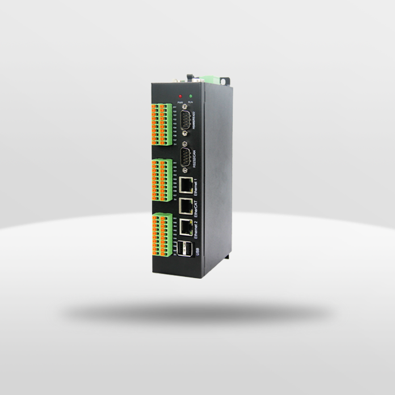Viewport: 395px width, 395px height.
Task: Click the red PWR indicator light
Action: coord(180,96)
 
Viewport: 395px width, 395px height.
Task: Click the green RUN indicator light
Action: coord(191,95)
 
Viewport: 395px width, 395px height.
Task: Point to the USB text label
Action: coord(197,251)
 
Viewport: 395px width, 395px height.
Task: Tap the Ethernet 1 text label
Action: coord(196,185)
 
